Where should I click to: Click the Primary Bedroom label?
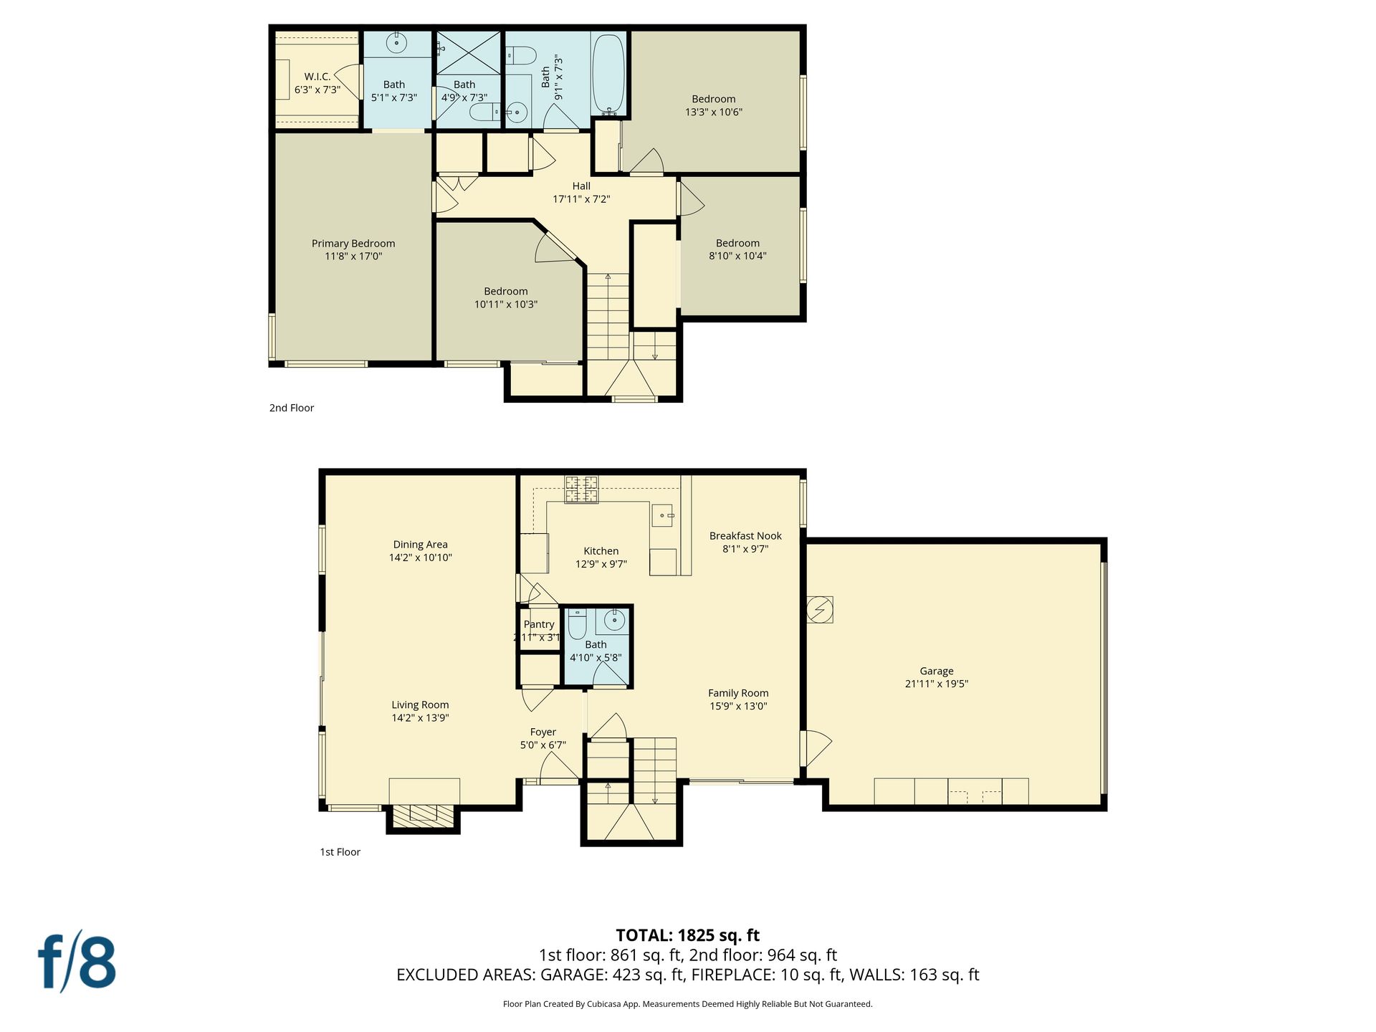tap(353, 249)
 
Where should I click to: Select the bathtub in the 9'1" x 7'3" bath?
tap(609, 74)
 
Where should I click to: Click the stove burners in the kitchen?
tap(581, 489)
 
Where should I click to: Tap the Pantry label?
tap(539, 624)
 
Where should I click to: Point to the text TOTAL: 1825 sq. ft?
tap(688, 935)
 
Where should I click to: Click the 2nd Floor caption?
tap(292, 408)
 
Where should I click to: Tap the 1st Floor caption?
tap(340, 852)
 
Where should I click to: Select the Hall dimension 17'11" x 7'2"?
tap(581, 199)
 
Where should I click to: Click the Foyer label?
tap(543, 732)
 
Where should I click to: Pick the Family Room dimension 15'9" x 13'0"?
tap(738, 706)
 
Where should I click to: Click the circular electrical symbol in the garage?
tap(820, 610)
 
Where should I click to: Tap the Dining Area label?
tap(421, 545)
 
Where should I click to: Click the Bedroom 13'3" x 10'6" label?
tap(714, 105)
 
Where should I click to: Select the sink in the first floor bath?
tap(613, 620)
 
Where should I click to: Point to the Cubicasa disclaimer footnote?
tap(688, 1004)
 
